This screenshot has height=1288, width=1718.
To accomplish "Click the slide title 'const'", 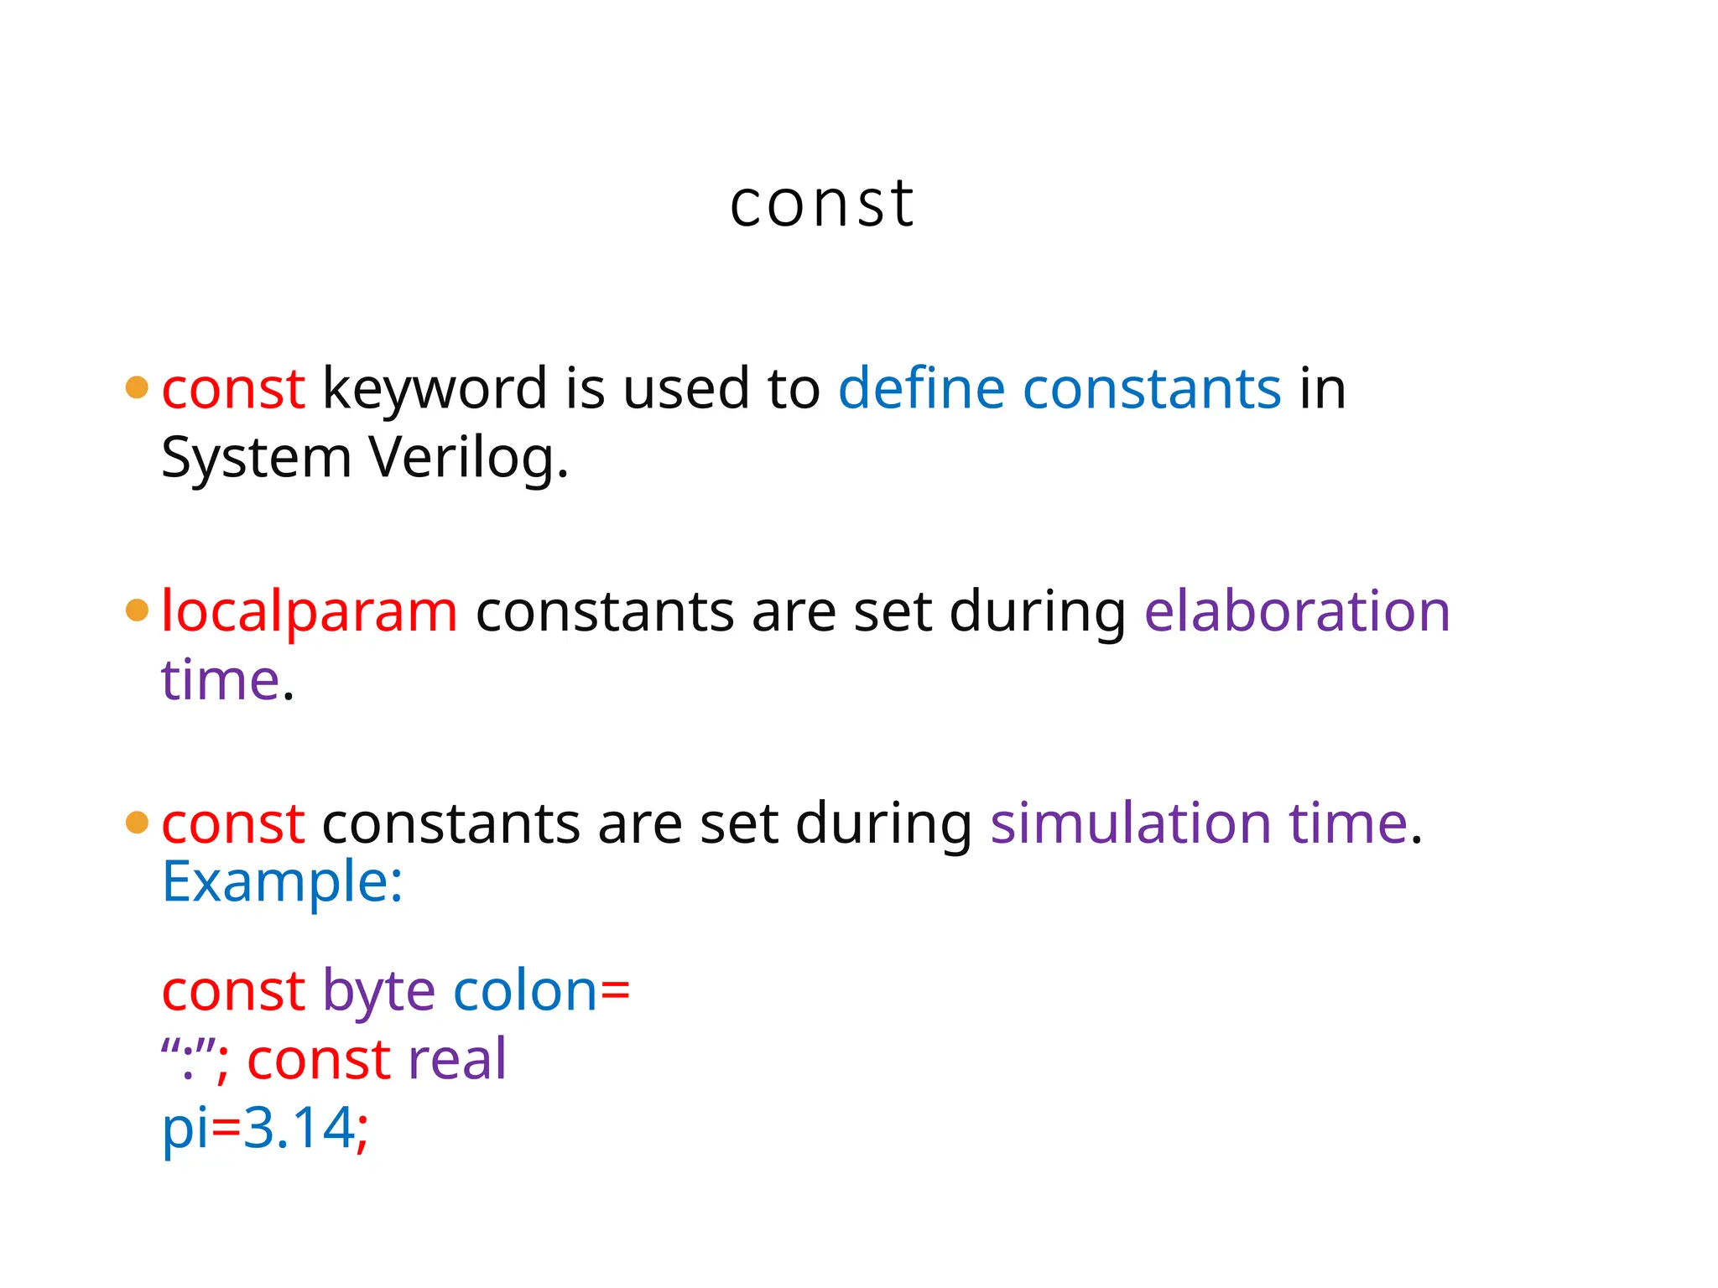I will click(821, 205).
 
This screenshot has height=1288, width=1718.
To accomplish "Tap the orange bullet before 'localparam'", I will click(137, 610).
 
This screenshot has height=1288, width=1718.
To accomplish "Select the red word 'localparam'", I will click(309, 611).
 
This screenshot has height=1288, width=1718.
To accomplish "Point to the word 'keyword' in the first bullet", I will click(435, 390).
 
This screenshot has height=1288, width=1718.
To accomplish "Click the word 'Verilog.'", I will click(469, 460).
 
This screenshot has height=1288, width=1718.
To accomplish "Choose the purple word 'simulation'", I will click(1130, 823).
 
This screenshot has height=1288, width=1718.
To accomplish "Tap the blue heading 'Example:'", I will click(282, 882).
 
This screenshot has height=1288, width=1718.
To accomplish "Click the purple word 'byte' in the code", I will click(378, 992).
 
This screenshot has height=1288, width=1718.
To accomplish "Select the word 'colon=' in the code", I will click(541, 990).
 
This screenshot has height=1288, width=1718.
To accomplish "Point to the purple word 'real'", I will click(456, 1058).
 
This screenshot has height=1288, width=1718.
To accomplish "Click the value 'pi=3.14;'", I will click(264, 1127).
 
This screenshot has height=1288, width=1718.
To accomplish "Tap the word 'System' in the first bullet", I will click(256, 460).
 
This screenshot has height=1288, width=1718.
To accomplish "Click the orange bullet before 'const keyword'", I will click(137, 387).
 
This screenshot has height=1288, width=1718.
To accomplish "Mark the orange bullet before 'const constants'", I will click(137, 823).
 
